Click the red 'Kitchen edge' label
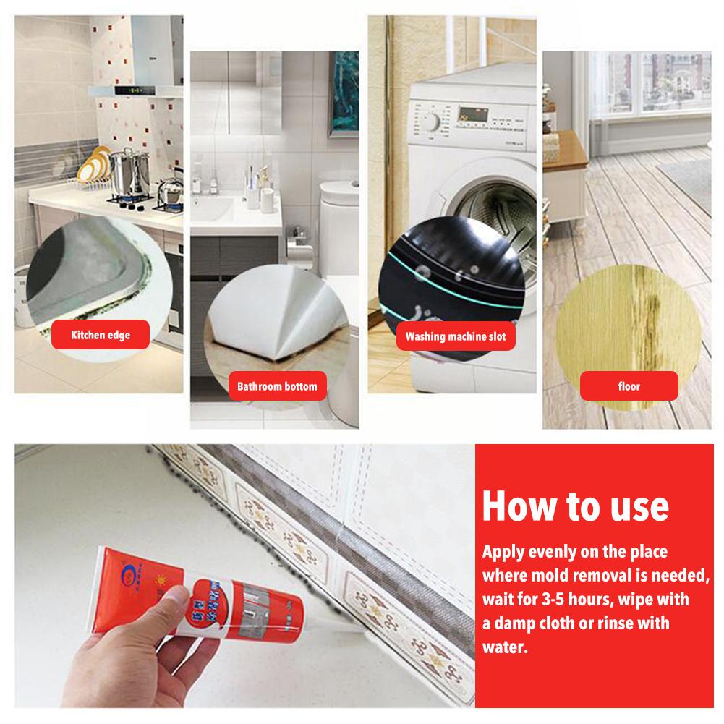click(100, 335)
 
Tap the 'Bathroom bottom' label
click(277, 386)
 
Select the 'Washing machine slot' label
click(455, 336)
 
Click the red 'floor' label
click(629, 386)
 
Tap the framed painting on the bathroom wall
click(344, 94)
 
